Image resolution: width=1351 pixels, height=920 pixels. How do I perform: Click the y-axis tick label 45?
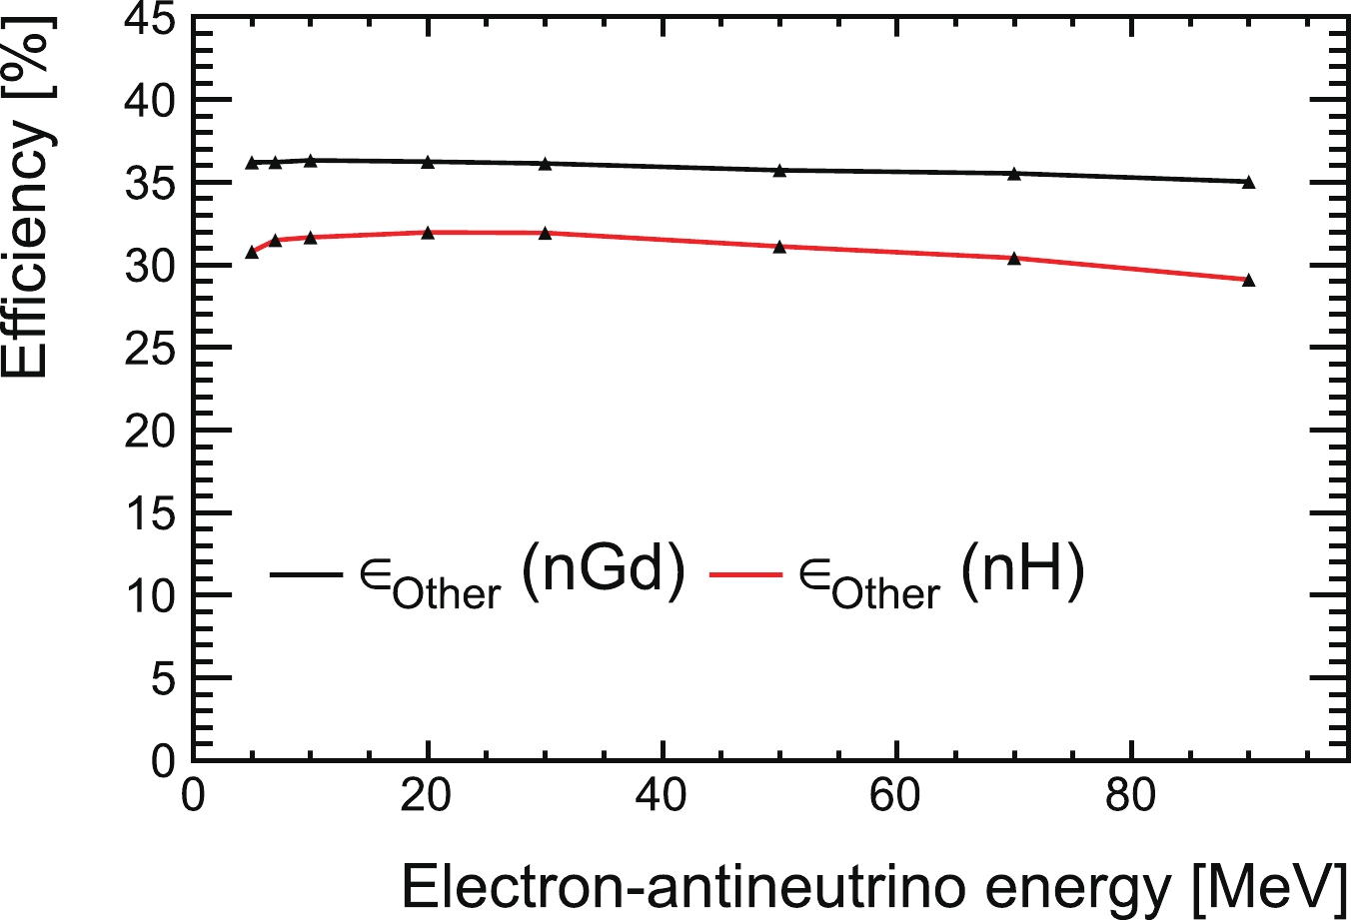148,18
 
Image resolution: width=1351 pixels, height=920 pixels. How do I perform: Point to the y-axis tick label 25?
148,348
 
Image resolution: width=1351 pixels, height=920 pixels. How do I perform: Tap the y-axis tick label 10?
148,595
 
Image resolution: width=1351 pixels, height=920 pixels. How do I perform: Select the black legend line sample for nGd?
306,574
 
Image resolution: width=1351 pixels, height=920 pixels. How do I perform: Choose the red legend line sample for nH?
744,574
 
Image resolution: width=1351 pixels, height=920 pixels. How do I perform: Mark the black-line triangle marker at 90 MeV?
1248,182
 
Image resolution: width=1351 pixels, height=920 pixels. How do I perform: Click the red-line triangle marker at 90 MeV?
1248,280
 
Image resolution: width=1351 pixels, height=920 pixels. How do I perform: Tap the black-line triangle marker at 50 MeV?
779,170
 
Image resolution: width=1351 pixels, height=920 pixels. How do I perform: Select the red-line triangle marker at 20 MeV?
428,232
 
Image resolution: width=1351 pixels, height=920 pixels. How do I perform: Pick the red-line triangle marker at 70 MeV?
1014,258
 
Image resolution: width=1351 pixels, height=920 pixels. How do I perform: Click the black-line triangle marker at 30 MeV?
545,163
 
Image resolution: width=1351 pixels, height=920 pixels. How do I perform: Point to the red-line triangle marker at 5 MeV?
252,252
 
